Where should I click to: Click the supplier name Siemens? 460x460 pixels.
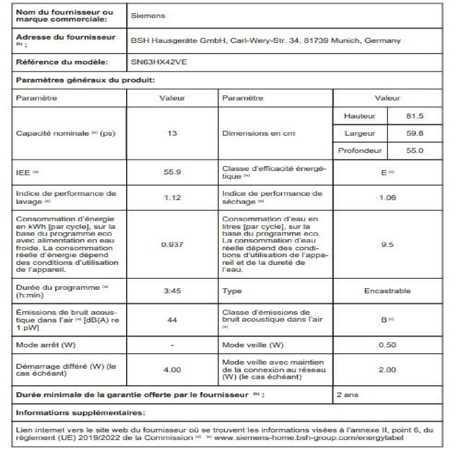click(148, 16)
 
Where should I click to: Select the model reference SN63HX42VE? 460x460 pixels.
click(159, 62)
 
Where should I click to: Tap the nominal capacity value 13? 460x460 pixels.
click(172, 133)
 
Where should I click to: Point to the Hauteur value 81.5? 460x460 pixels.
click(414, 116)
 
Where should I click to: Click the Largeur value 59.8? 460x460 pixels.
click(414, 133)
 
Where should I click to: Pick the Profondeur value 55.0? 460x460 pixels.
click(414, 150)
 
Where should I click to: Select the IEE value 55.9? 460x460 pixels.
click(172, 172)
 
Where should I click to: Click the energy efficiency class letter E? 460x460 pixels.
click(384, 172)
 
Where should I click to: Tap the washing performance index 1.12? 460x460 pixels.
click(172, 197)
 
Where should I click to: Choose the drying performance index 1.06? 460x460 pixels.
click(387, 197)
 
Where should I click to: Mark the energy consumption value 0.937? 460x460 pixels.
click(172, 244)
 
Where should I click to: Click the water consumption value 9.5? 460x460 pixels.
click(387, 244)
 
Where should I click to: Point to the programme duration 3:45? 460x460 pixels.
click(172, 291)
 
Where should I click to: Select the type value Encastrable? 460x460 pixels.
click(387, 291)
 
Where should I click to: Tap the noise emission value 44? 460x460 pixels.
click(172, 319)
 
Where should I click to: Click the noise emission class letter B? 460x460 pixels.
click(384, 320)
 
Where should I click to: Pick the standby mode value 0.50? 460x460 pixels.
click(387, 345)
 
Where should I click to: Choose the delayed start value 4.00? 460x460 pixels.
click(172, 370)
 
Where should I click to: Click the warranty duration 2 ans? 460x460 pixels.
click(347, 394)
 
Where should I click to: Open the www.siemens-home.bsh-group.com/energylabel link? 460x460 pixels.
click(309, 437)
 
